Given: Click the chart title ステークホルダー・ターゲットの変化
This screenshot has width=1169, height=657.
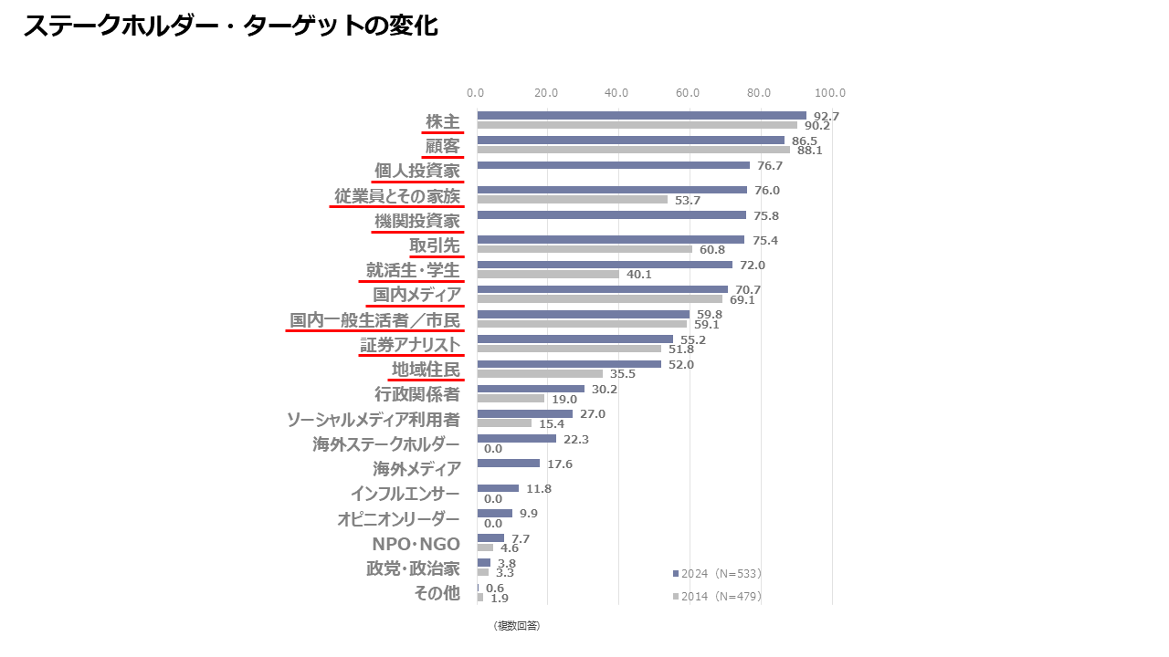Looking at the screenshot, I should click(x=230, y=26).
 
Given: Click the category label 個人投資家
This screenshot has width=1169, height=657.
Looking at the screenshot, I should click(x=416, y=171).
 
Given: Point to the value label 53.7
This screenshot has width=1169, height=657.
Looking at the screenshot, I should click(x=687, y=200).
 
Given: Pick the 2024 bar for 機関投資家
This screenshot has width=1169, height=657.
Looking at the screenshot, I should click(x=611, y=215).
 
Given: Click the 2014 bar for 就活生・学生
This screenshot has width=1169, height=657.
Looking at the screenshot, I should click(x=548, y=274).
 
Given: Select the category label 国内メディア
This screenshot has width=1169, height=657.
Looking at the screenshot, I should click(x=416, y=295).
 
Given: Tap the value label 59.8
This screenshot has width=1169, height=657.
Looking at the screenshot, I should click(x=709, y=315).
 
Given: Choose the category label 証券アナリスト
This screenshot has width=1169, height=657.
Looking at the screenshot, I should click(x=410, y=345).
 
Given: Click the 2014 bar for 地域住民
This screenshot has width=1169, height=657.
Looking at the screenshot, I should click(x=540, y=373).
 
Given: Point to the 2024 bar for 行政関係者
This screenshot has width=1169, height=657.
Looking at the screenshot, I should click(x=531, y=389).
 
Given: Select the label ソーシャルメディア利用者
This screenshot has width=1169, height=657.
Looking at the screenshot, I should click(x=373, y=420).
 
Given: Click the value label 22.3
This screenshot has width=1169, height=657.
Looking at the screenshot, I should click(x=575, y=439).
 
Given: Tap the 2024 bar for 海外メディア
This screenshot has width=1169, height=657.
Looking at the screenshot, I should click(x=508, y=464).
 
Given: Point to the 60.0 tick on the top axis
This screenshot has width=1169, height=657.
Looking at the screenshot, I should click(x=688, y=92).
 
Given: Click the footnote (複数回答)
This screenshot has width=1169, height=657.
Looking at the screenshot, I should click(x=516, y=625).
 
